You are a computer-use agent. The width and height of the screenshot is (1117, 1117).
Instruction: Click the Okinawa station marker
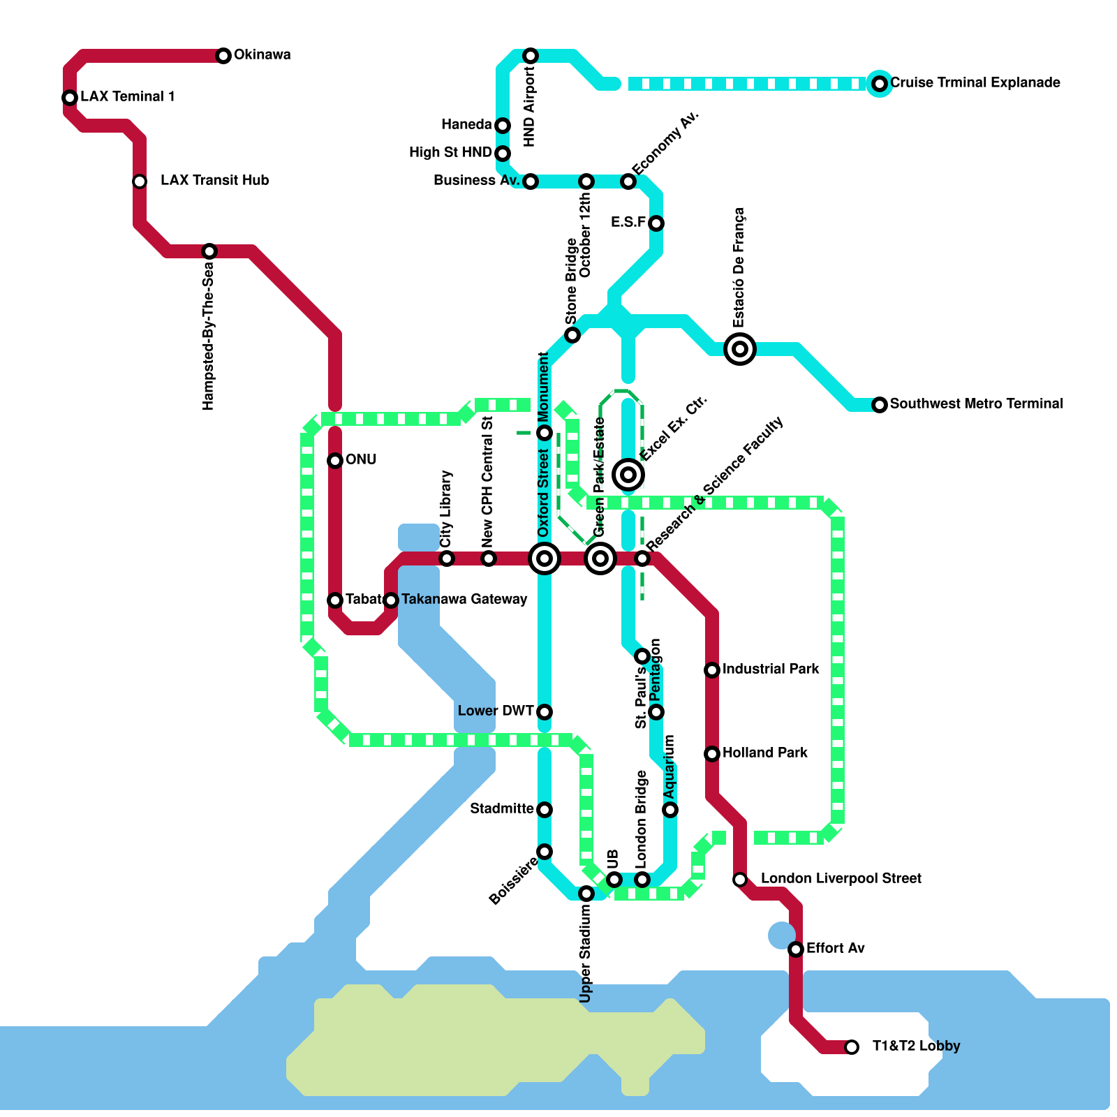223,56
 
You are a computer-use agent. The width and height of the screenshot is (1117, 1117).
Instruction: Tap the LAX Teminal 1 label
128,97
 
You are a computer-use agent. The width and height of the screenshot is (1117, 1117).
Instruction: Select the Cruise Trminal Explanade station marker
880,84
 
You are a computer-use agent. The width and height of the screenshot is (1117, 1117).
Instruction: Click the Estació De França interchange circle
740,349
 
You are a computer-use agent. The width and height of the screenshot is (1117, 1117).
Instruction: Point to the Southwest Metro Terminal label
976,404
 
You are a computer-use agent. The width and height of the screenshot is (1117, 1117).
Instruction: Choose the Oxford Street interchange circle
545,558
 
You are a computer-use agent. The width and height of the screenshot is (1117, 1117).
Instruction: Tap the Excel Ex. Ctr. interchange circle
628,475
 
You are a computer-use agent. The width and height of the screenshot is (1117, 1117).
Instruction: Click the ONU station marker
335,461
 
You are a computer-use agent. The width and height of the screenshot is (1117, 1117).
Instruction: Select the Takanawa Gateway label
464,600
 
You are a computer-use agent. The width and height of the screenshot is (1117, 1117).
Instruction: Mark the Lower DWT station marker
545,712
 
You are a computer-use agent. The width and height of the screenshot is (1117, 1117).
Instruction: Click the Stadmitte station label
501,809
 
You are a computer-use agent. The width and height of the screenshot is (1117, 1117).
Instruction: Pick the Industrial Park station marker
712,670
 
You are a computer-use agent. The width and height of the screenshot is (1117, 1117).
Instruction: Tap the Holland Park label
764,753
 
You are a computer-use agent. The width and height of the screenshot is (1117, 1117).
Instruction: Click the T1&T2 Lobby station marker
852,1047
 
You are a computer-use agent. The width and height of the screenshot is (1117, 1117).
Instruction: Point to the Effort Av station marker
796,949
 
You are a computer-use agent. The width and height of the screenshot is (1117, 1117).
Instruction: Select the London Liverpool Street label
841,879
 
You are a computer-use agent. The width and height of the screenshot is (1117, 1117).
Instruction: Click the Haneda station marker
503,126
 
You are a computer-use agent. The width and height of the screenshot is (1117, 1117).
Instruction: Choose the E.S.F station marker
656,223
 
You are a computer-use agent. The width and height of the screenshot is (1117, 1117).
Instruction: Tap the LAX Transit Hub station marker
140,182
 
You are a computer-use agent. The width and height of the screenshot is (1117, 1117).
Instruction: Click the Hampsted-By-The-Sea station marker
209,251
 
